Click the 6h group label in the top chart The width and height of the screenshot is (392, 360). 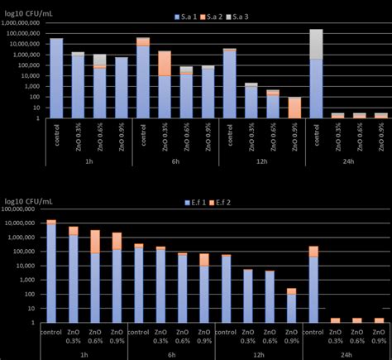pos(176,162)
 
